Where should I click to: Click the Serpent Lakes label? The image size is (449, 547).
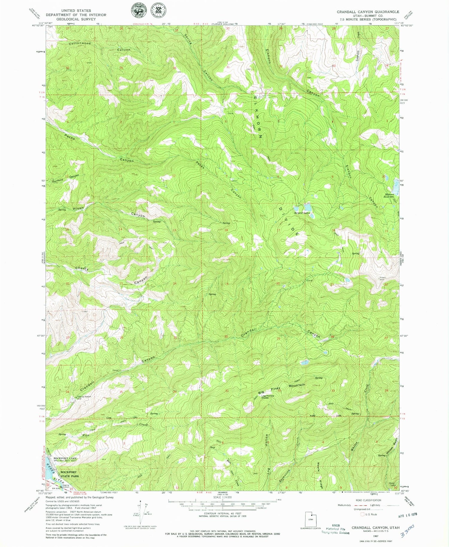[302, 213]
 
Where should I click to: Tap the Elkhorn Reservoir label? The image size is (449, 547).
[390, 196]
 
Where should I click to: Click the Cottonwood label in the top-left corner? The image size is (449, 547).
[80, 43]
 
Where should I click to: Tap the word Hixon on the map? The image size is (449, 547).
[78, 208]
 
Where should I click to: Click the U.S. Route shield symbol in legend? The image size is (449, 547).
[364, 514]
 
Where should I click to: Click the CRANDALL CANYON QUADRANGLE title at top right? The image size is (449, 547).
[368, 12]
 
